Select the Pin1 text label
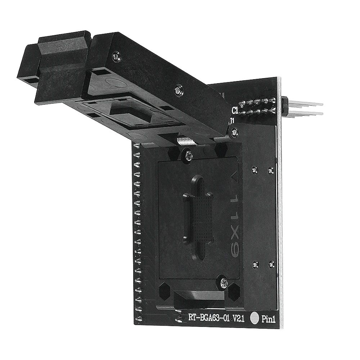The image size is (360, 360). pyautogui.click(x=268, y=319)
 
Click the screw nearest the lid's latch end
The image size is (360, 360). pyautogui.click(x=115, y=55)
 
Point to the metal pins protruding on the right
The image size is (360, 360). pyautogui.click(x=306, y=108)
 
